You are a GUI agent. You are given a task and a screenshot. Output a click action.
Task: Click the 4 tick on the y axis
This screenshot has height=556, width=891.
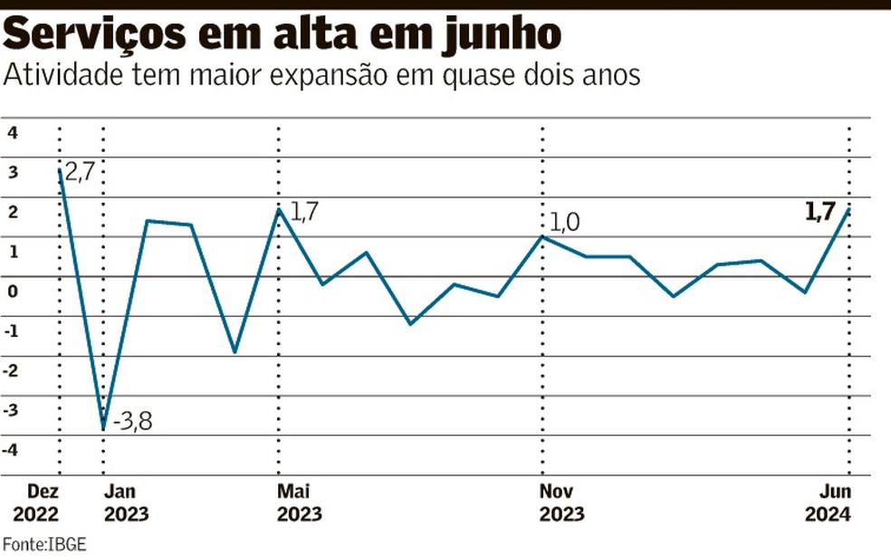point(13,133)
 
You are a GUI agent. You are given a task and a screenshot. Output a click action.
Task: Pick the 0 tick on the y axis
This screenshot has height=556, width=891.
point(13,291)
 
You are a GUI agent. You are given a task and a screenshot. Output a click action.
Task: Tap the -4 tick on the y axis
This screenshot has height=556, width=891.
point(11,450)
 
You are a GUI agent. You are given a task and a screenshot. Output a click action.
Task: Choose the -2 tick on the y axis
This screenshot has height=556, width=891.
point(11,370)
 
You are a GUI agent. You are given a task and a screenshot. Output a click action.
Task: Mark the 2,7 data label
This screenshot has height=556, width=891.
point(80,171)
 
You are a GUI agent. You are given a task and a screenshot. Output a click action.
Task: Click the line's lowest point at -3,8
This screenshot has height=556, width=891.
point(104,428)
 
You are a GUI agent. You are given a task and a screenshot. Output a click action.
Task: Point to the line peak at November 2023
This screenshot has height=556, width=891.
point(542,236)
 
